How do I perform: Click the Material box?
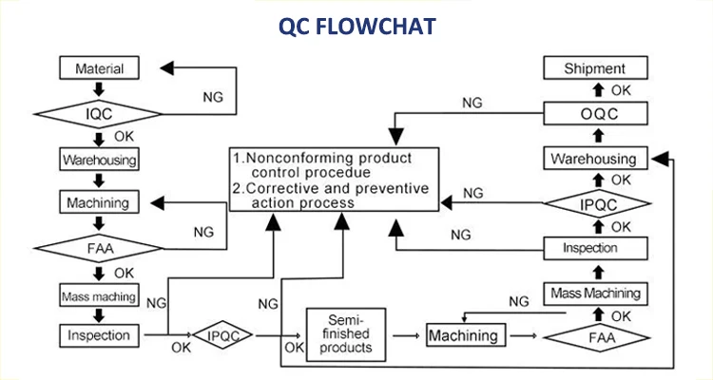(x=98, y=68)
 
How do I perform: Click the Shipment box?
(x=594, y=68)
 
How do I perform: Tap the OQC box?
(x=594, y=113)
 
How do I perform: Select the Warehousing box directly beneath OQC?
(x=594, y=158)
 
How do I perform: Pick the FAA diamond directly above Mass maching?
(x=98, y=249)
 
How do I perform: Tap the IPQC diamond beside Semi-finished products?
(x=222, y=334)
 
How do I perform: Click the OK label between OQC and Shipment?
(x=620, y=91)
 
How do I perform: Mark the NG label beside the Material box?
(x=215, y=97)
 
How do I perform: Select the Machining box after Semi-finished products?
(x=462, y=335)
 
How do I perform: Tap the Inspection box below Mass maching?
(x=98, y=334)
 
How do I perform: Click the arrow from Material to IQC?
(x=98, y=90)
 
